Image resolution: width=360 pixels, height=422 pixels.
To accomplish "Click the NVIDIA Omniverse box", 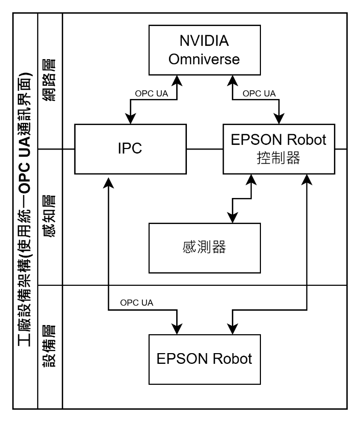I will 204,50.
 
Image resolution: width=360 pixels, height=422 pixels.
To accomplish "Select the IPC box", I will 130,148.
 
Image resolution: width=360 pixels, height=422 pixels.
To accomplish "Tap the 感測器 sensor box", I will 204,247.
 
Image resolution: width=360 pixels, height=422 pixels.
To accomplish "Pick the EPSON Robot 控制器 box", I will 278,148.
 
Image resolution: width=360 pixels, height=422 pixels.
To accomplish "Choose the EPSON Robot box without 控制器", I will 204,359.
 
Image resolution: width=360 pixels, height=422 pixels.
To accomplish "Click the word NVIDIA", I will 204,41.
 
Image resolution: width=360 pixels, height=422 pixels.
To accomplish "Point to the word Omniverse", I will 204,59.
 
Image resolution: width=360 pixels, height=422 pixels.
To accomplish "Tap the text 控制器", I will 278,158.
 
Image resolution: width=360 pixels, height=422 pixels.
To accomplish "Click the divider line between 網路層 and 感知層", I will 50,149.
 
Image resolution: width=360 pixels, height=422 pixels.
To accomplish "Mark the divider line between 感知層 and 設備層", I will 50,285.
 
